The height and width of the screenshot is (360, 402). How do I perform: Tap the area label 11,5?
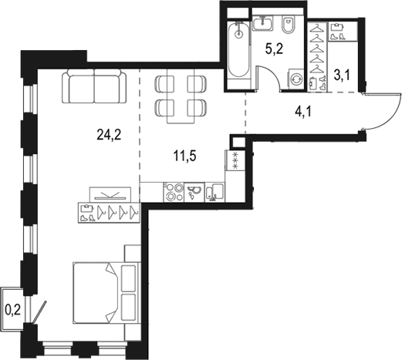click(x=183, y=157)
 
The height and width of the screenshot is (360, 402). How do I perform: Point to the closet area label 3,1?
click(x=343, y=75)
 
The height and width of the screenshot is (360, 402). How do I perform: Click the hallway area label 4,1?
click(x=304, y=110)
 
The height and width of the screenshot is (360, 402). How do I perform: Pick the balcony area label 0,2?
click(x=12, y=311)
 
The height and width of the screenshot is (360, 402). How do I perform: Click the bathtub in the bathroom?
click(x=238, y=51)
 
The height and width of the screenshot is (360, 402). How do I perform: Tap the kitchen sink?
click(x=196, y=192)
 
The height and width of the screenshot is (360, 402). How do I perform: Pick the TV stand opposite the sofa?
click(x=106, y=195)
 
